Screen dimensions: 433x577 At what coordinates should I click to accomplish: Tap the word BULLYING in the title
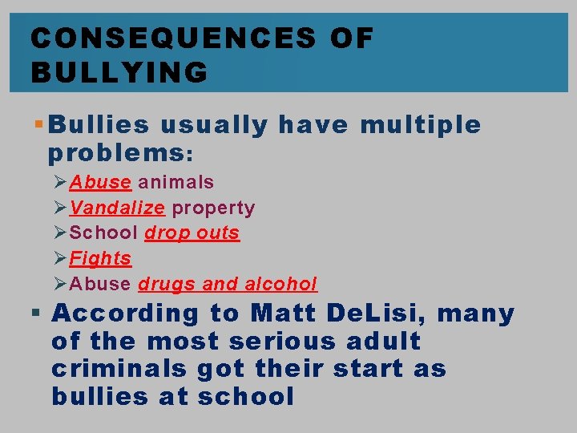pyautogui.click(x=119, y=73)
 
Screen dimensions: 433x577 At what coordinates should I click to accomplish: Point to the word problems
pyautogui.click(x=116, y=152)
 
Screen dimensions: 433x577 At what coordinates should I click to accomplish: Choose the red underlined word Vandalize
pyautogui.click(x=117, y=208)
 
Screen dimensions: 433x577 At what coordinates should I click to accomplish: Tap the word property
pyautogui.click(x=214, y=208)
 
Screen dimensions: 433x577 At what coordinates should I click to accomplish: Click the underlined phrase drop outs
pyautogui.click(x=192, y=233)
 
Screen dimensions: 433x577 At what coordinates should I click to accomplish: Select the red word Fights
pyautogui.click(x=100, y=258)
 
